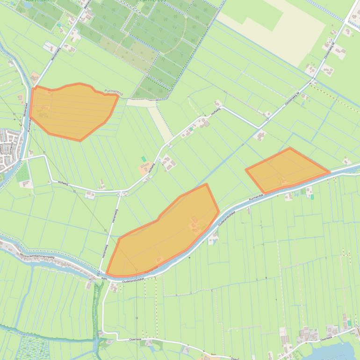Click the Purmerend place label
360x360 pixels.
pyautogui.click(x=114, y=92)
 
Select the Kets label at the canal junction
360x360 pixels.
pyautogui.click(x=104, y=279)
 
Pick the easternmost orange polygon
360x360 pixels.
pyautogui.click(x=286, y=169)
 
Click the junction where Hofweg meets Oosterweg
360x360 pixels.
pyautogui.click(x=259, y=128)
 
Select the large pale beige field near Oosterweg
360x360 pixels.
pyautogui.click(x=281, y=28)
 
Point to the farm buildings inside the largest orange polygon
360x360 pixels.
pyautogui.click(x=196, y=224)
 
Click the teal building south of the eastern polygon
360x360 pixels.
pyautogui.click(x=312, y=197)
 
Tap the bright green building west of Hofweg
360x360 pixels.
pyautogui.click(x=144, y=159)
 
